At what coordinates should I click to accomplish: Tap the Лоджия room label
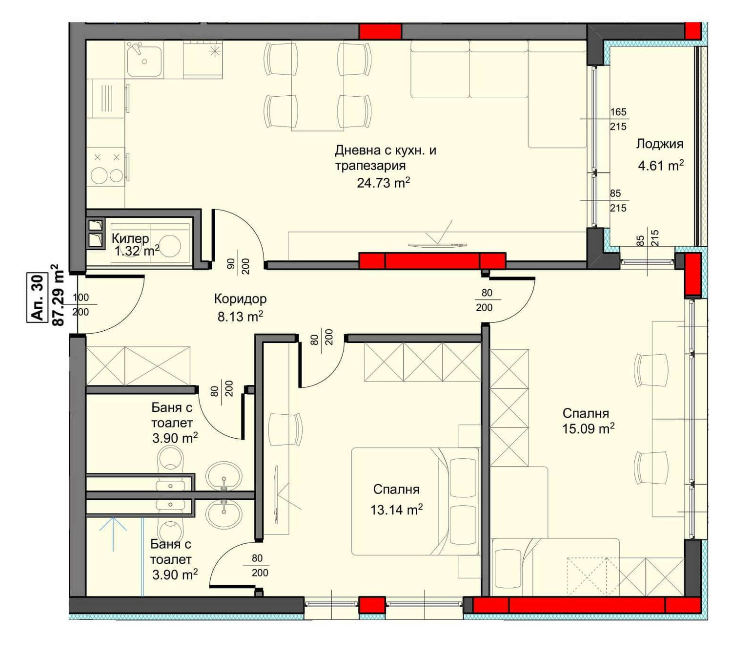pyautogui.click(x=660, y=144)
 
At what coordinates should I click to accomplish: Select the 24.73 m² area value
pyautogui.click(x=383, y=182)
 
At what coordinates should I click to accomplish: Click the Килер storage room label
pyautogui.click(x=130, y=238)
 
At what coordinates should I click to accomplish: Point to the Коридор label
pyautogui.click(x=240, y=299)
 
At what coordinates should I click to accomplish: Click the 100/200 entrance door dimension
pyautogui.click(x=81, y=304)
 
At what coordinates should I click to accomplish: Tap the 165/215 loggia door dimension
pyautogui.click(x=618, y=119)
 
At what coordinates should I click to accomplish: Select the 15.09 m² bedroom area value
pyautogui.click(x=588, y=428)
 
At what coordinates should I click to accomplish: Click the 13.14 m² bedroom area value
pyautogui.click(x=396, y=510)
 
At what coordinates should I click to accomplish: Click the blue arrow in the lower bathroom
pyautogui.click(x=113, y=534)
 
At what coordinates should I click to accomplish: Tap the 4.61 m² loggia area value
pyautogui.click(x=660, y=166)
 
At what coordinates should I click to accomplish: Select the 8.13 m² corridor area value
pyautogui.click(x=240, y=317)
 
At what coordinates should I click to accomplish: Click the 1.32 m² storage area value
pyautogui.click(x=137, y=252)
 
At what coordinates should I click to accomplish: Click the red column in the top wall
pyautogui.click(x=380, y=31)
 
